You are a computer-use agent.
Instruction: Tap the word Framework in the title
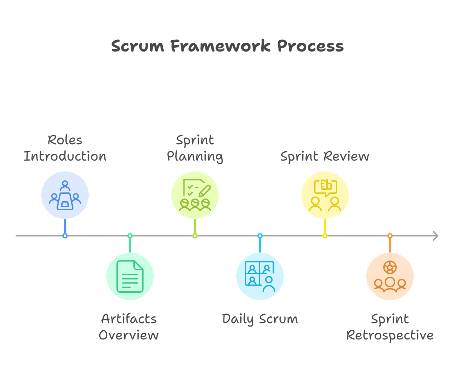point(220,46)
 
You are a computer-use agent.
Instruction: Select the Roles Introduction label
point(65,148)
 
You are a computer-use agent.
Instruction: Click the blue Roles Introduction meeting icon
point(65,195)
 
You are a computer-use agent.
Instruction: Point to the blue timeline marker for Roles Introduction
point(65,236)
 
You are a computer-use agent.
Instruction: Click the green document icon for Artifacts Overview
point(130,276)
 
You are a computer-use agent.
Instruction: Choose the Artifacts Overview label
point(129,327)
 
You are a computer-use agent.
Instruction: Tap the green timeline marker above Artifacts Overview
point(130,236)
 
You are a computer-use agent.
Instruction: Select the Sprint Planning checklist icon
point(195,195)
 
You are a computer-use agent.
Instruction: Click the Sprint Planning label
point(195,148)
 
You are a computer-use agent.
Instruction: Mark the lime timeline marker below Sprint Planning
point(195,236)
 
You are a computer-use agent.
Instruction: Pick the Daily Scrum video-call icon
point(260,276)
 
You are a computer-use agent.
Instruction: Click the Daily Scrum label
point(260,319)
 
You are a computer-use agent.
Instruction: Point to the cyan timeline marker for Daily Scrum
point(260,236)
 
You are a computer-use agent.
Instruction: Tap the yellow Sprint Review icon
point(325,195)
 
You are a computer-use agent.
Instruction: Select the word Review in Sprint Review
point(346,157)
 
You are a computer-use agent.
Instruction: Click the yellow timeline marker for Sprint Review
point(325,236)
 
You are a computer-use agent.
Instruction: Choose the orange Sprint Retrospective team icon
point(390,276)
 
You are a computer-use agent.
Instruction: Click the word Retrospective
point(390,335)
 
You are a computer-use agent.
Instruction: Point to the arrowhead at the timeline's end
point(436,236)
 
